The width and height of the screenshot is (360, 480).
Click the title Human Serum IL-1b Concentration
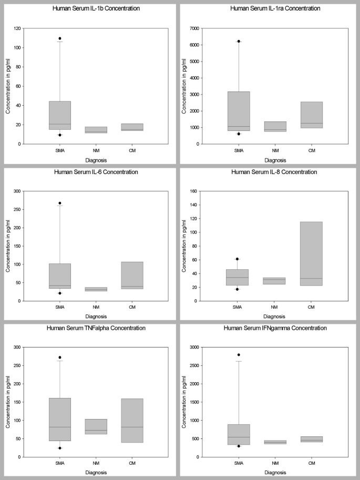[x=91, y=8]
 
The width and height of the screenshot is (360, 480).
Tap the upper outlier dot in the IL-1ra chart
[x=239, y=41]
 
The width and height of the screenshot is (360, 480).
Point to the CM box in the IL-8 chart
[x=312, y=253]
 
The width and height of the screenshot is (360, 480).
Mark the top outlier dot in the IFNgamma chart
[x=239, y=355]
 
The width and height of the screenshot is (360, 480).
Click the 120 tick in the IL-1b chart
[x=25, y=28]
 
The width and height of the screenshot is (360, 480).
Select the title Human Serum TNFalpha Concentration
[x=91, y=328]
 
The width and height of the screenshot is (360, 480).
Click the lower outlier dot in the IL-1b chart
[x=60, y=135]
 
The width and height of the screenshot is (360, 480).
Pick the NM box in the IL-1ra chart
[x=275, y=126]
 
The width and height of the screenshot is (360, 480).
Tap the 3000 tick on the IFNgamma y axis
[x=201, y=348]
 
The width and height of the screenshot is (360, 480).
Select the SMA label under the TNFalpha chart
[x=60, y=463]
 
